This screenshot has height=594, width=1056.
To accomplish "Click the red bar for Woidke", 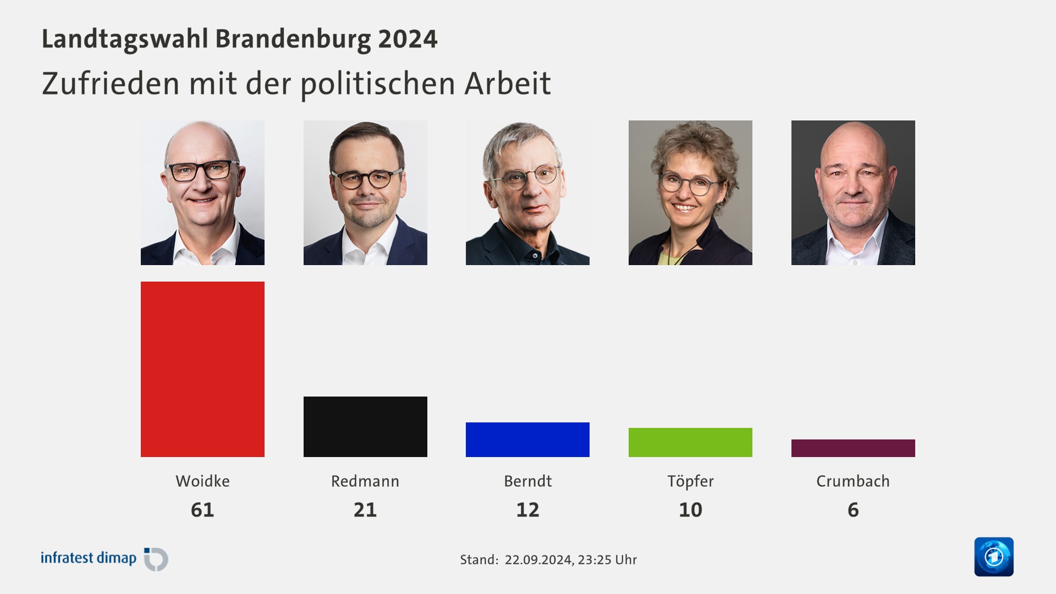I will click(202, 369).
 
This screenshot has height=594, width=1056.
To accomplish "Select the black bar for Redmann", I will click(365, 427).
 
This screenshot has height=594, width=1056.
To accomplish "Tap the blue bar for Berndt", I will click(527, 439).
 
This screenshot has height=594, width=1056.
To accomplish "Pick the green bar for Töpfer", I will click(690, 442).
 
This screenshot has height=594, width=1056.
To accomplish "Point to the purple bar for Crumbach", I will click(853, 448).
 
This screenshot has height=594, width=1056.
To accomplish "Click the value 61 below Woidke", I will click(202, 510).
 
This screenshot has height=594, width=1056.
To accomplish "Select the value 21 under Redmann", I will click(365, 510).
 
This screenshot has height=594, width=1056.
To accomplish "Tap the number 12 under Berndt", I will click(527, 510).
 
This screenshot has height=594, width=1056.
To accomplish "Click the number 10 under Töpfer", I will click(690, 510).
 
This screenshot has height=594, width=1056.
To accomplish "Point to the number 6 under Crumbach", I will click(853, 510).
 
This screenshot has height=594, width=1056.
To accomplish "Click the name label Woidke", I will click(202, 481).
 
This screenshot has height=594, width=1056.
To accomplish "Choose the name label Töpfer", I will click(690, 481).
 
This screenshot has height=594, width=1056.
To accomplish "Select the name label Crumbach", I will click(853, 481).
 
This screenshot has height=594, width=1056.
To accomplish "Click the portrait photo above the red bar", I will click(202, 193).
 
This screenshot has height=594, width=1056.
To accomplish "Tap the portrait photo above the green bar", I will click(690, 193).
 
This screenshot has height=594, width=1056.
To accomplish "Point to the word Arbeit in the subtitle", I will click(507, 84).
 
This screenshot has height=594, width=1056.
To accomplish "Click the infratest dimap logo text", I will click(89, 558).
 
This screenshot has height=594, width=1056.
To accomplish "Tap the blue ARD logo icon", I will click(994, 557).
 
